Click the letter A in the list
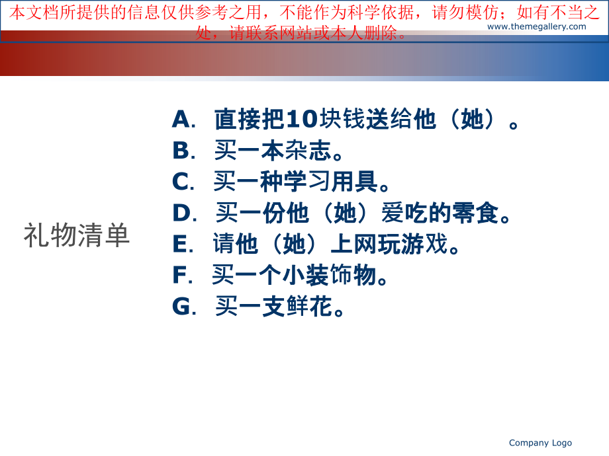tap(181, 119)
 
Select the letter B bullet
tap(181, 151)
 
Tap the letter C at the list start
tap(181, 182)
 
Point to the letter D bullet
tap(181, 213)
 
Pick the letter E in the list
tap(180, 244)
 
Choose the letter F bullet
tap(179, 275)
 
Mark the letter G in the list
tap(181, 307)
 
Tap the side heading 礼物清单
tap(77, 236)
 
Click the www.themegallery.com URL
tap(536, 26)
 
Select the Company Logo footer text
tap(540, 443)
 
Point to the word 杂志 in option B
tap(308, 151)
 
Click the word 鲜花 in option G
tap(308, 307)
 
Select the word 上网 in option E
tap(353, 244)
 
